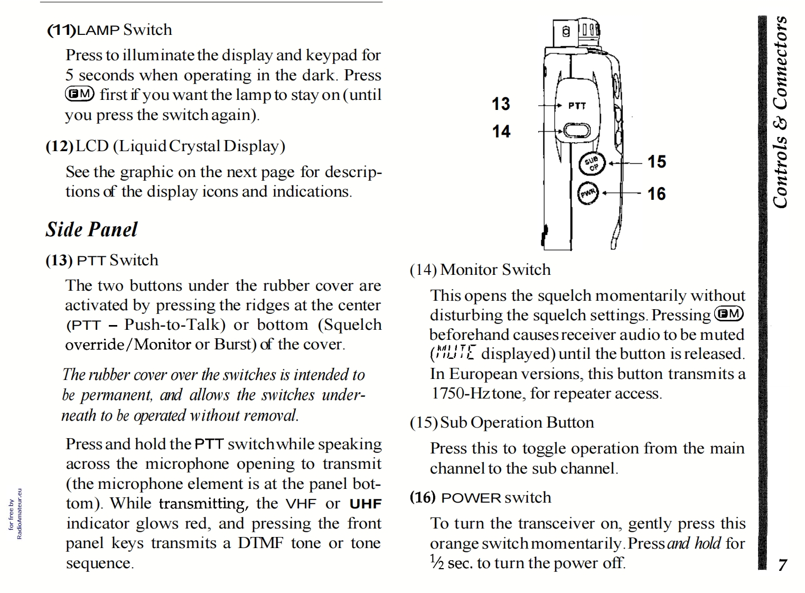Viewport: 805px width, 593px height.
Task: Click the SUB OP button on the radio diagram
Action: click(590, 164)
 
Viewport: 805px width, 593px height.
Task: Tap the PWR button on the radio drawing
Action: click(588, 193)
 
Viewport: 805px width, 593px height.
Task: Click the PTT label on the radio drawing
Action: click(577, 106)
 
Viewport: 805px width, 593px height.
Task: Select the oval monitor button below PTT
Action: click(576, 131)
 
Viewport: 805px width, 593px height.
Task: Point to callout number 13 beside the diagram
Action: click(501, 104)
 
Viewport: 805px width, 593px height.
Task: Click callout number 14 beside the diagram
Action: click(501, 131)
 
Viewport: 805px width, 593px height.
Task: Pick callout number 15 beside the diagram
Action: click(657, 162)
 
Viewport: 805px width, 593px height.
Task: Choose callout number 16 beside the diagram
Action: click(657, 194)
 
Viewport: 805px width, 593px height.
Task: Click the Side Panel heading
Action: click(91, 229)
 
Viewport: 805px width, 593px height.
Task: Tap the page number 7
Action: click(782, 565)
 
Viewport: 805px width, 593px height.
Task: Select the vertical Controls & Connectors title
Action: click(780, 112)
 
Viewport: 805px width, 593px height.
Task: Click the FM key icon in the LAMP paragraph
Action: click(80, 94)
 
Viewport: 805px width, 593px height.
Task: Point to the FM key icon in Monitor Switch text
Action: click(729, 314)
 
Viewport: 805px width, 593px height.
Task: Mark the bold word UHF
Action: click(366, 504)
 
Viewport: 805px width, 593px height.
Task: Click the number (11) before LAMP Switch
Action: click(61, 30)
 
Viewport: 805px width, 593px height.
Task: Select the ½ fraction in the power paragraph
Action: click(436, 562)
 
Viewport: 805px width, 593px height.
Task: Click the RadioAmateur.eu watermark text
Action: click(20, 513)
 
